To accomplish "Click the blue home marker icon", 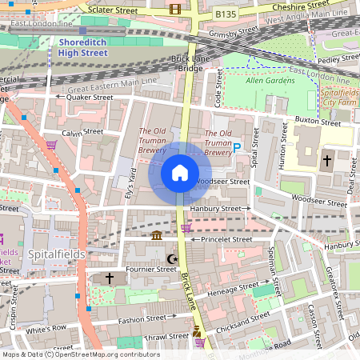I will tap(179, 173).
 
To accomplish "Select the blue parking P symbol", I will tap(237, 147).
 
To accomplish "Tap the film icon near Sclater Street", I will tap(175, 10).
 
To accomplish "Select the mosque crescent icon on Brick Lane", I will tap(170, 259).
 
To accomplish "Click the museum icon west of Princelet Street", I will tap(157, 235).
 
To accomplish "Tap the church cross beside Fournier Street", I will tap(110, 278).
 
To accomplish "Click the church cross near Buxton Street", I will tap(326, 160).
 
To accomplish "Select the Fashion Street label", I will tap(140, 321).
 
